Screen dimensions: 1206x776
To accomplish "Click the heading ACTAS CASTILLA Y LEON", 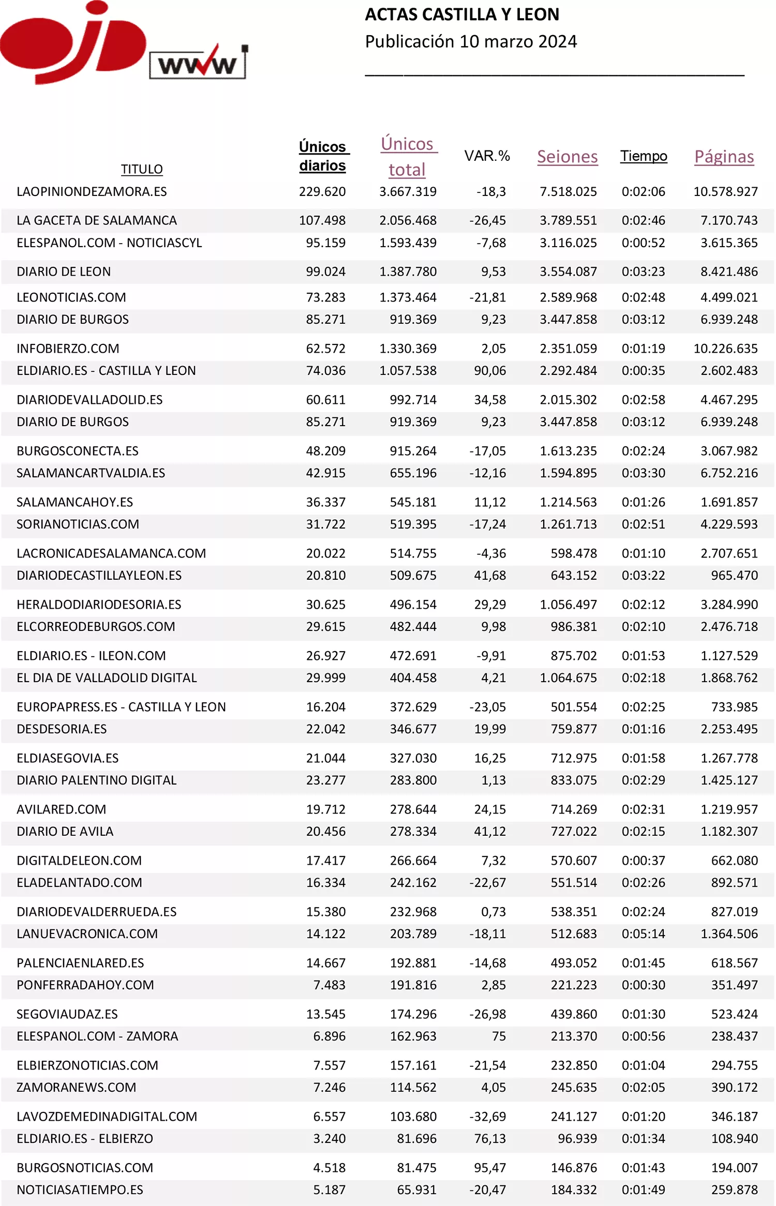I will (x=462, y=14).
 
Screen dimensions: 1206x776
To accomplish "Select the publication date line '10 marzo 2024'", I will (x=471, y=41).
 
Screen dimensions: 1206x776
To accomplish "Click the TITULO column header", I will (x=142, y=169).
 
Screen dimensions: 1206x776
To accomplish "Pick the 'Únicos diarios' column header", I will (x=323, y=156).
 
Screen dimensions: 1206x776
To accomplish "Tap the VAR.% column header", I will (x=487, y=156).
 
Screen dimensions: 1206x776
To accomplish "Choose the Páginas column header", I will (x=724, y=156).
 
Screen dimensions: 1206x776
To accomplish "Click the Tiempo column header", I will (x=644, y=156).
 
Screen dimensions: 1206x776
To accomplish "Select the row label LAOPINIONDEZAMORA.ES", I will (x=92, y=192).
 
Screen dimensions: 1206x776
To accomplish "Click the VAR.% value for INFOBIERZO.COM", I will (x=493, y=349).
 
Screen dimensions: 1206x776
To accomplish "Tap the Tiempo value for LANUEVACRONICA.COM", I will (x=643, y=933).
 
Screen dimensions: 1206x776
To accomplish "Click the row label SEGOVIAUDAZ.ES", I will (x=67, y=1014).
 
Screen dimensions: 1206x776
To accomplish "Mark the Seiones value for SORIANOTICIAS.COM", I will (x=568, y=524).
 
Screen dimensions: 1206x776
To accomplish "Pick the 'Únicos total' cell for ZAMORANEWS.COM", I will (x=413, y=1088).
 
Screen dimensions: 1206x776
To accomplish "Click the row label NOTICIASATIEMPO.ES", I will (x=80, y=1189).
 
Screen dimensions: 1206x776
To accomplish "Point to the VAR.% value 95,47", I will (x=489, y=1168).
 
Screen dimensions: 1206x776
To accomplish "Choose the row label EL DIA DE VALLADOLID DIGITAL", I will (x=107, y=677).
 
